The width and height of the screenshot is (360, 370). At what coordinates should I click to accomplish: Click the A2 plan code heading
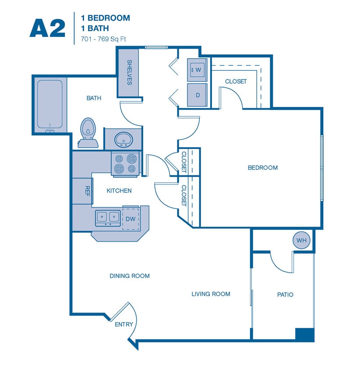coord(47,28)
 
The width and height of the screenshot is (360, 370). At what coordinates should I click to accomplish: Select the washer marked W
coord(197,70)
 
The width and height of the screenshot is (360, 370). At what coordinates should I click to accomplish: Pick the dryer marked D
coord(197,95)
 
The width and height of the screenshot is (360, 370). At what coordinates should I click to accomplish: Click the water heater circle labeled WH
coord(301,241)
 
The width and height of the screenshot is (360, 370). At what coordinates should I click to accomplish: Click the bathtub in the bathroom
coord(49,104)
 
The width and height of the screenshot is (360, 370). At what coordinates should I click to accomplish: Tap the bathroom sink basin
coord(124,139)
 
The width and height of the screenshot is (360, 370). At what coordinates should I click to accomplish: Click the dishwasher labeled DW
coord(131,218)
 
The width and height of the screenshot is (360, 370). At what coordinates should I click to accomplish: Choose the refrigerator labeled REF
coord(87,191)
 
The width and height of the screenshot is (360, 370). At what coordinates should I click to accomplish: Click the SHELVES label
coord(130,72)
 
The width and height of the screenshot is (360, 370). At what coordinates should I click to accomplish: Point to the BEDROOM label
coord(263,167)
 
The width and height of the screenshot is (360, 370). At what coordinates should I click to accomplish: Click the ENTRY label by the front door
coord(124,324)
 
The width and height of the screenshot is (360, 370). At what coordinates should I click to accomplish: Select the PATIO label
coord(285,295)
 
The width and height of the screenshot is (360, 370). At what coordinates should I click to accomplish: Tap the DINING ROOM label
coord(130,276)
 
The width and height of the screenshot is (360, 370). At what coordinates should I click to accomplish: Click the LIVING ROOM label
coord(211,294)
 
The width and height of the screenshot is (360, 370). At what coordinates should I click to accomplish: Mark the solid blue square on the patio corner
coord(305,334)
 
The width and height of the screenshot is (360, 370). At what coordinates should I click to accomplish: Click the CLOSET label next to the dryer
coord(236,82)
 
